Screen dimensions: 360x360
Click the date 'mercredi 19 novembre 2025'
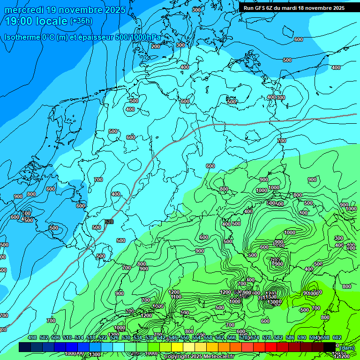tap(65, 10)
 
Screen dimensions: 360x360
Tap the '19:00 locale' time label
tap(36, 21)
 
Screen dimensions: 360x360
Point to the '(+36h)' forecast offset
tap(81, 21)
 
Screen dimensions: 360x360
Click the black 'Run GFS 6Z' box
tap(294, 8)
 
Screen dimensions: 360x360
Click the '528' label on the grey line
tap(109, 222)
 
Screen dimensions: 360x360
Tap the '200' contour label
tap(156, 46)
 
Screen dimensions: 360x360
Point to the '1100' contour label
tap(176, 297)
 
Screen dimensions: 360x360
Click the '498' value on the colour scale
tap(32, 337)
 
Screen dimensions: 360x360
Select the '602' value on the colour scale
tap(337, 337)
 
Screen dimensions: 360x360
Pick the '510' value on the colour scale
tap(67, 337)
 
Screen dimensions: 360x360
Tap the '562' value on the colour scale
tap(219, 337)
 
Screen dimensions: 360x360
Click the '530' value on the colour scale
tap(126, 337)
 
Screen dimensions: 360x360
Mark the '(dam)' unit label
tap(347, 348)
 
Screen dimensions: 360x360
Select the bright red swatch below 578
tap(271, 347)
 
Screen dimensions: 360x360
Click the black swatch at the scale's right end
tap(330, 347)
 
